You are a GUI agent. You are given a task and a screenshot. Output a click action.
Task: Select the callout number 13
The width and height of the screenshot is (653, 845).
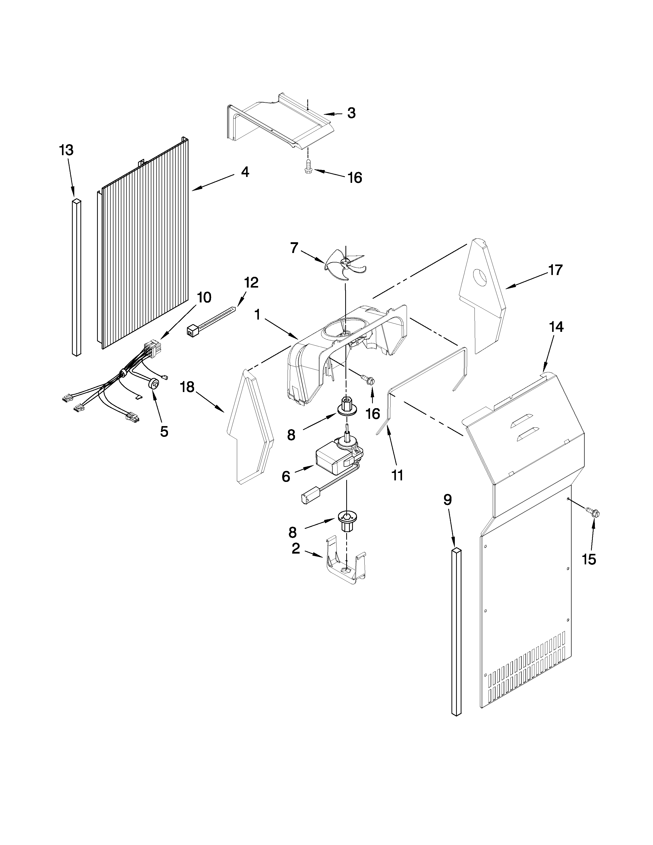click(x=67, y=150)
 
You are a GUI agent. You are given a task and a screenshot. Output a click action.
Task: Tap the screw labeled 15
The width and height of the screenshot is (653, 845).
click(x=592, y=513)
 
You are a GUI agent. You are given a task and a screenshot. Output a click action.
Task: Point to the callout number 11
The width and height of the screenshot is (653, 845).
click(x=397, y=475)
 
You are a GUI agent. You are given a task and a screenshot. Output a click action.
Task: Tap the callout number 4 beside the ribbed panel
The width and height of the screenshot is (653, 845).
click(x=245, y=172)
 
